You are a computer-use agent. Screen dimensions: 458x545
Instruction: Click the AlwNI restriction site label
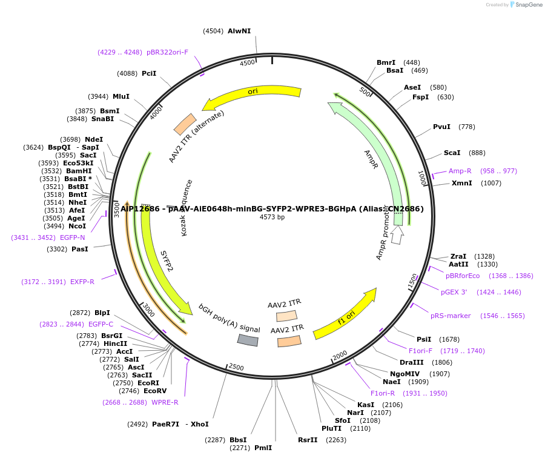pyautogui.click(x=239, y=31)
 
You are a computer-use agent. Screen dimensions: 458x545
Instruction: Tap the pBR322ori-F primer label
pyautogui.click(x=167, y=52)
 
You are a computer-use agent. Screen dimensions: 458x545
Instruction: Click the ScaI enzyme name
pyautogui.click(x=452, y=153)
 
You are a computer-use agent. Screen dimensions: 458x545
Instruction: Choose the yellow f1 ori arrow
pyautogui.click(x=345, y=314)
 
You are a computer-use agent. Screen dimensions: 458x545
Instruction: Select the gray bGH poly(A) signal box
pyautogui.click(x=248, y=340)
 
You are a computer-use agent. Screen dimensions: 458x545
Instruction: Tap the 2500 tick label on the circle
pyautogui.click(x=236, y=368)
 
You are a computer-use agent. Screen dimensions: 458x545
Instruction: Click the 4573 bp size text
pyautogui.click(x=272, y=217)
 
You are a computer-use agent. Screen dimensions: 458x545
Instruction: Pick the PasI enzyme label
pyautogui.click(x=80, y=249)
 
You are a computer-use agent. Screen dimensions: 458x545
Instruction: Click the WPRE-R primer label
pyautogui.click(x=165, y=402)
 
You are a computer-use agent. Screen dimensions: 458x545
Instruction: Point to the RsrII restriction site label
pyautogui.click(x=308, y=440)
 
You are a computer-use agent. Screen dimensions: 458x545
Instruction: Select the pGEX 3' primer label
pyautogui.click(x=454, y=292)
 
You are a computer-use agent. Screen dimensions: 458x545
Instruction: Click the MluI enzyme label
pyautogui.click(x=121, y=96)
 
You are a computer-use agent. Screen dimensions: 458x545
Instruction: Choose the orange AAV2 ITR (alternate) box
pyautogui.click(x=185, y=124)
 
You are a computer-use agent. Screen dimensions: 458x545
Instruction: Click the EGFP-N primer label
pyautogui.click(x=73, y=237)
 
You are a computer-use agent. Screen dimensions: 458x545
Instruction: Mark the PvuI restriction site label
pyautogui.click(x=441, y=127)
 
